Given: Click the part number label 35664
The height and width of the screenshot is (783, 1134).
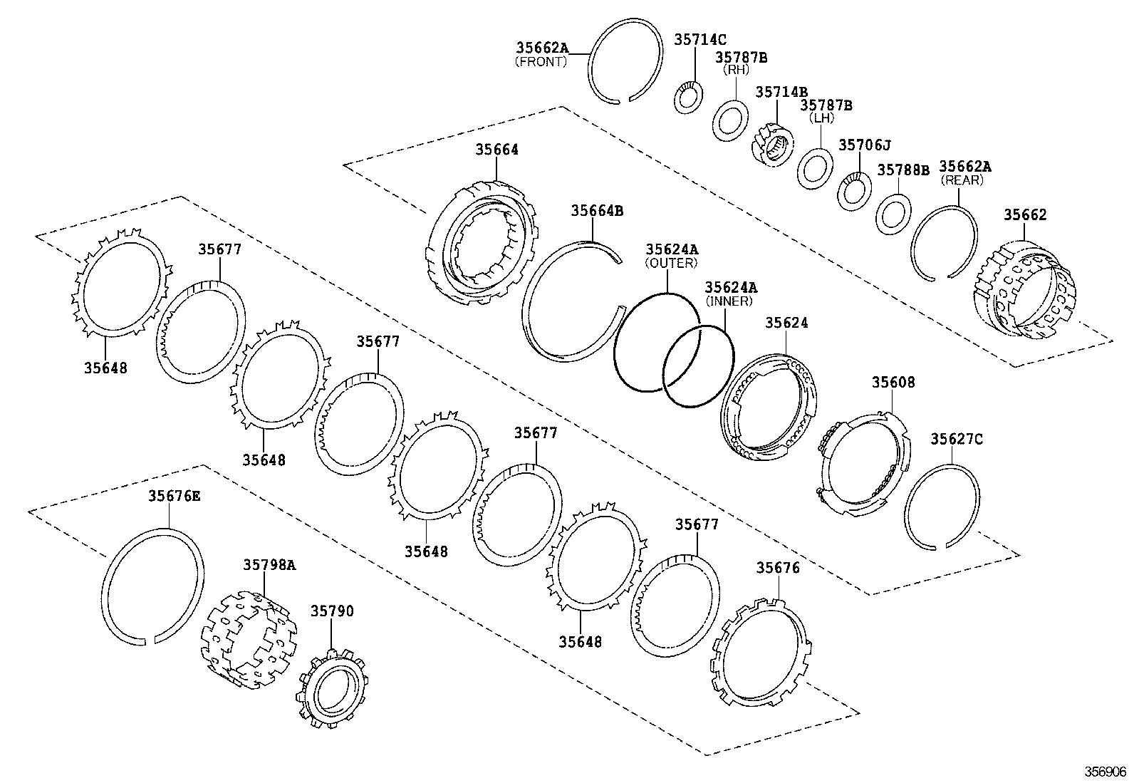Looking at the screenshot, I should [x=497, y=150].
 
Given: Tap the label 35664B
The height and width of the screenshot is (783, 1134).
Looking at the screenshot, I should [x=597, y=211].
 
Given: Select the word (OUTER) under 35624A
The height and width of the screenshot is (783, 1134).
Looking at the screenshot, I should [x=671, y=263].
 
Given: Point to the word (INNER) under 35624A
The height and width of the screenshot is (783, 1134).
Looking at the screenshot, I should [x=729, y=301].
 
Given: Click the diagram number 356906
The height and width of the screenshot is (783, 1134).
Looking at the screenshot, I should [x=1105, y=772].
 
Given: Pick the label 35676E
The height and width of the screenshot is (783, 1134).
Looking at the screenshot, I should [x=174, y=496].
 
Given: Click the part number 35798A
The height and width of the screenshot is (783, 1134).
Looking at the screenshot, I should [x=269, y=564].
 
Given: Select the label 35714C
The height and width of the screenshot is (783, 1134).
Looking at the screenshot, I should [x=700, y=41].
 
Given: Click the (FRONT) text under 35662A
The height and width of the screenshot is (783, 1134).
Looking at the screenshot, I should [x=541, y=62].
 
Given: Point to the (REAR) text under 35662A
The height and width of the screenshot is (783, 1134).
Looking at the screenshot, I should [x=962, y=180].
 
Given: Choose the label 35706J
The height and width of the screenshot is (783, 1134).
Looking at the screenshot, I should [x=864, y=145].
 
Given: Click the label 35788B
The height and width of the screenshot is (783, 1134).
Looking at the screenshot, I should [x=903, y=170].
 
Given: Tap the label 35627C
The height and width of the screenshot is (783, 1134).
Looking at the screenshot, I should [x=956, y=440].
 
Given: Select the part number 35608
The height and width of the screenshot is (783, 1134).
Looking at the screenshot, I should [x=893, y=383].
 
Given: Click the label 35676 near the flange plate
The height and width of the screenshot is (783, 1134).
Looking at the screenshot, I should [x=778, y=568].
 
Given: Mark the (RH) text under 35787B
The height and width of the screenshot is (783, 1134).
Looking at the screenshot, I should [x=737, y=70].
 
